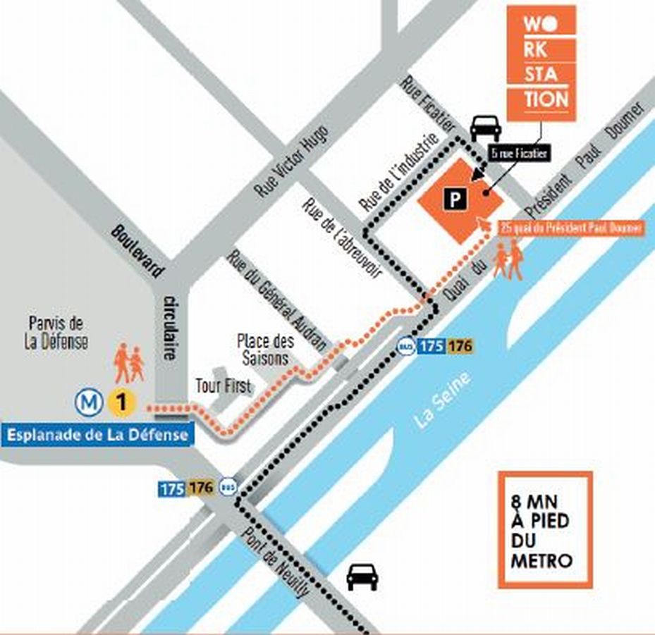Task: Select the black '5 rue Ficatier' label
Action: click(519, 152)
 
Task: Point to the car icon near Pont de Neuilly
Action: click(362, 576)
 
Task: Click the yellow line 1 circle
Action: click(121, 403)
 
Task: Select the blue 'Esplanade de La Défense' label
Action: click(97, 435)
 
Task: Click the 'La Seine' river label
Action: click(443, 400)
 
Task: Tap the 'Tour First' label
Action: click(223, 386)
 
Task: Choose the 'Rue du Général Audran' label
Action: click(276, 300)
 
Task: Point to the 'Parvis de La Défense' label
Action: click(59, 333)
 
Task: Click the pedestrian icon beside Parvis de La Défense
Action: click(128, 362)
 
